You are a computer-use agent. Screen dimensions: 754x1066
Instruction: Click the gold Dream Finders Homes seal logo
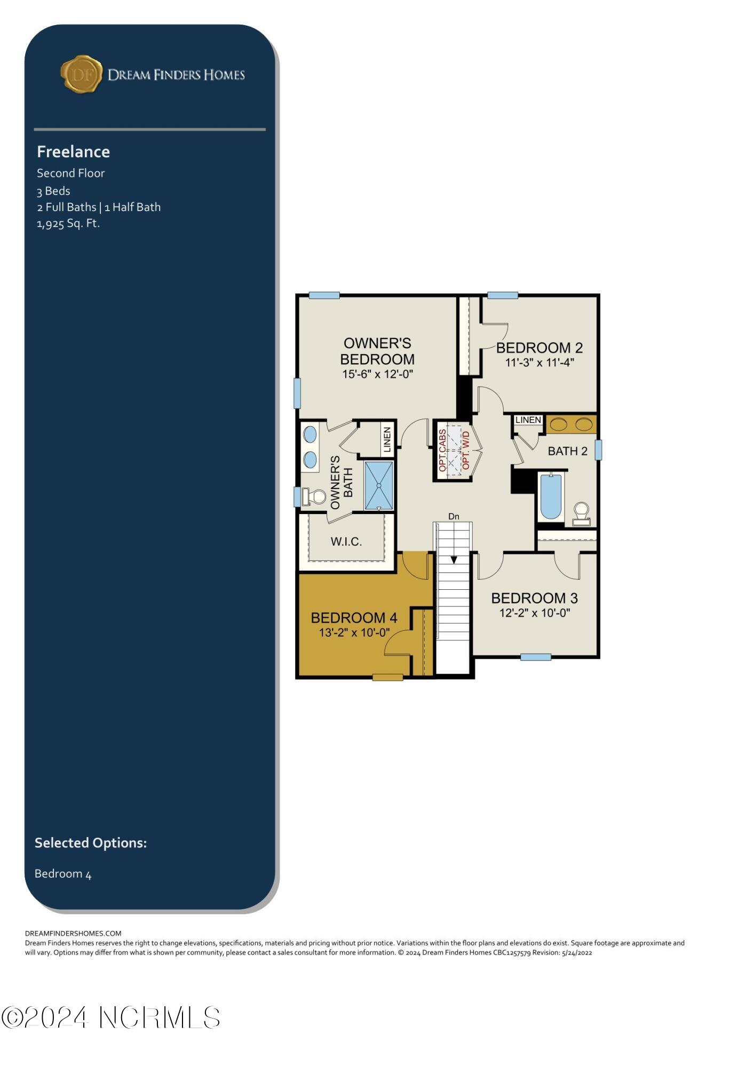pyautogui.click(x=81, y=74)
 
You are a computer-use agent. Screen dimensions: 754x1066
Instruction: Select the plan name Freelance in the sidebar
pyautogui.click(x=73, y=152)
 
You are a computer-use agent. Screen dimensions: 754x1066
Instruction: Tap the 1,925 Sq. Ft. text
pyautogui.click(x=68, y=223)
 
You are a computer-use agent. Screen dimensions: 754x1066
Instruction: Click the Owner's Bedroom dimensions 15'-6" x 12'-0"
pyautogui.click(x=378, y=374)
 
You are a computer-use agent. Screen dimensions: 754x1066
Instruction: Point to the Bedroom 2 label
pyautogui.click(x=539, y=348)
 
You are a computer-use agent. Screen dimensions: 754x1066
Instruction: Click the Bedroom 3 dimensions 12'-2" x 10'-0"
pyautogui.click(x=535, y=613)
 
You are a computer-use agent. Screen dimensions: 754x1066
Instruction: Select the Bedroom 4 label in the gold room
pyautogui.click(x=354, y=618)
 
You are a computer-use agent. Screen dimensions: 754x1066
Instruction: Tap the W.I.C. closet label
pyautogui.click(x=346, y=542)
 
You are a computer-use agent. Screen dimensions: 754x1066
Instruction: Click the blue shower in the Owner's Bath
pyautogui.click(x=379, y=486)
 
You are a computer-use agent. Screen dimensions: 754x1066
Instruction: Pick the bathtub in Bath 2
pyautogui.click(x=551, y=496)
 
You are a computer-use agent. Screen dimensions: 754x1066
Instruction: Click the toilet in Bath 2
pyautogui.click(x=581, y=514)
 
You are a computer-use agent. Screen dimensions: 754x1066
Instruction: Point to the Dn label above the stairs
pyautogui.click(x=454, y=516)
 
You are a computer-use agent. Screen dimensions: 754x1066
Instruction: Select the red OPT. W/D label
pyautogui.click(x=466, y=451)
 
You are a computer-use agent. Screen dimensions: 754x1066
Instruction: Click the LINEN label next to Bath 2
pyautogui.click(x=528, y=420)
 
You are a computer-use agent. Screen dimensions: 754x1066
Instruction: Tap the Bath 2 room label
pyautogui.click(x=568, y=451)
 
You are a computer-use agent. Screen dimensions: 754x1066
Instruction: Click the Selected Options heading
pyautogui.click(x=91, y=843)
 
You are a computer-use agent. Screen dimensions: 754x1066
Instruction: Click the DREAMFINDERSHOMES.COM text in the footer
pyautogui.click(x=73, y=933)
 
